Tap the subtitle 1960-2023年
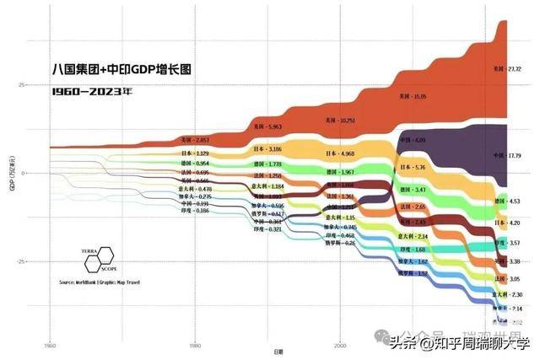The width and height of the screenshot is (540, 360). point(92,91)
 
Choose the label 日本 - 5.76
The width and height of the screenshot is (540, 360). point(414,168)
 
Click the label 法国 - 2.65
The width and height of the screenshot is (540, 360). point(414,207)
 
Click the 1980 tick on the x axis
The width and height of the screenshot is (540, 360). point(195,347)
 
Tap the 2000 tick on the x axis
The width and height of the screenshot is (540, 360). point(340,347)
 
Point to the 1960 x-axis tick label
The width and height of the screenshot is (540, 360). point(50,347)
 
